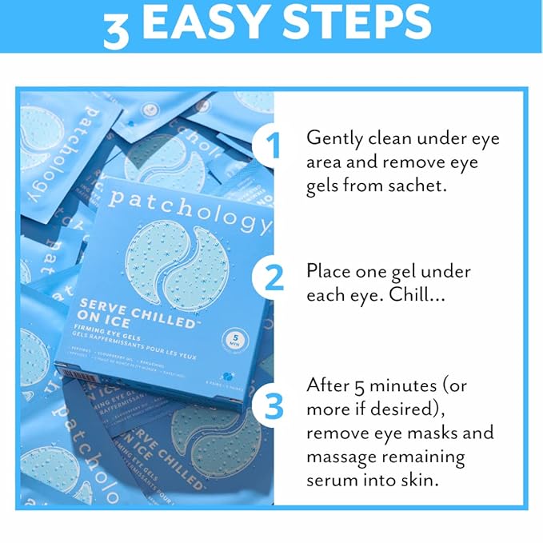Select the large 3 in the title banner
click(x=117, y=29)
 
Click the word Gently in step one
click(x=333, y=139)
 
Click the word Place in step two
click(x=329, y=270)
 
